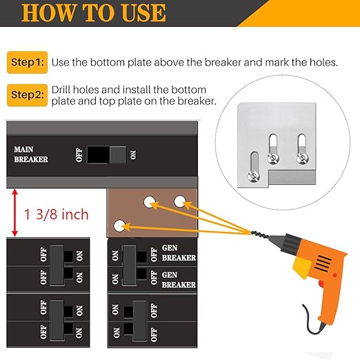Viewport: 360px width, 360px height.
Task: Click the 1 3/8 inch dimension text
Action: coord(57,215)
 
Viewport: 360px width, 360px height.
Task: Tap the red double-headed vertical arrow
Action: coord(14,214)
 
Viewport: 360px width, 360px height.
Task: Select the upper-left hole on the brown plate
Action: coord(148,201)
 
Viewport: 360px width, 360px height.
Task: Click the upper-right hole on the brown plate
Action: coord(181,201)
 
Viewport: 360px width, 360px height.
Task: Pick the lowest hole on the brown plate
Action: coord(120,226)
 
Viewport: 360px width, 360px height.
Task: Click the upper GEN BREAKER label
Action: coord(178,252)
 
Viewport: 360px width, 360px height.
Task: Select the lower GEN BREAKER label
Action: coord(178,279)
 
